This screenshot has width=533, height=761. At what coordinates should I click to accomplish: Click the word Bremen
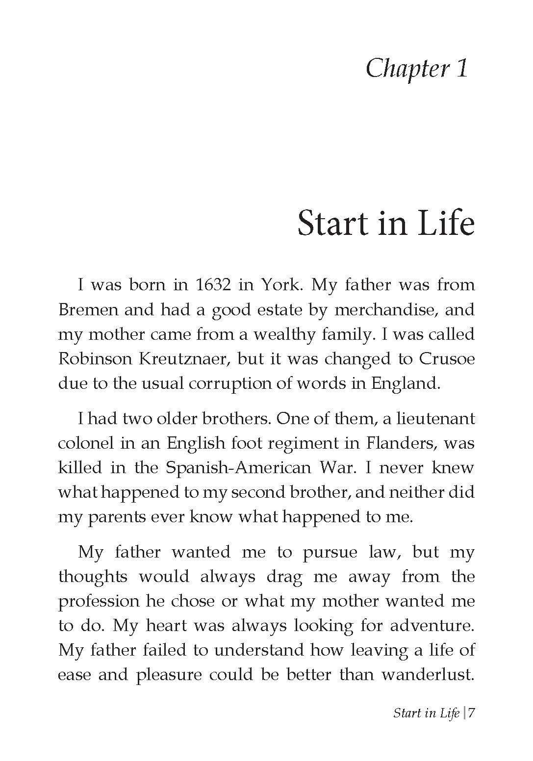tap(86, 310)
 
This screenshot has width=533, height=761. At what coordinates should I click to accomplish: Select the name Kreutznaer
tap(181, 359)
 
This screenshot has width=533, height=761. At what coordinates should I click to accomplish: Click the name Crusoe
tap(447, 359)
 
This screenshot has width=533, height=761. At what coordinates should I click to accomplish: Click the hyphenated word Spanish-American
tap(238, 468)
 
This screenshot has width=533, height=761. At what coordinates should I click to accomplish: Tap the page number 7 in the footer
tap(471, 713)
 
